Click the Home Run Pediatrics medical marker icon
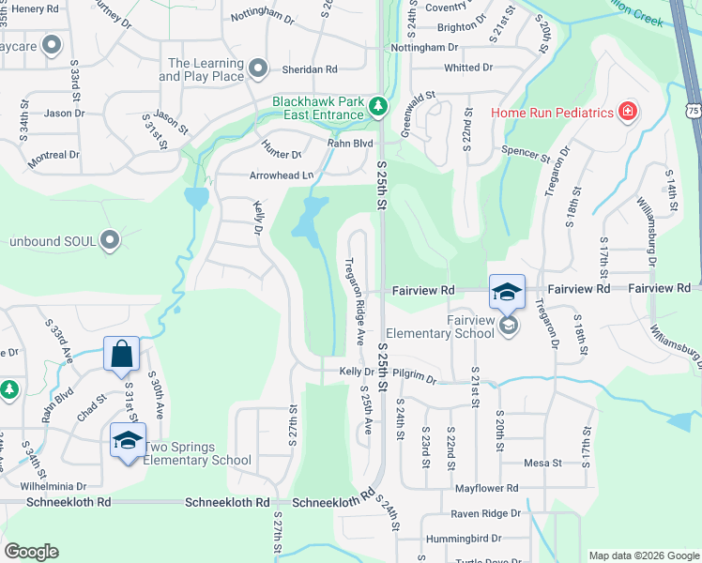627,114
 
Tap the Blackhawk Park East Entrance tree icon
377,106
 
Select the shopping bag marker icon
122,355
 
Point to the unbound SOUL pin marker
111,241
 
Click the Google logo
31,552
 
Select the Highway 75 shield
694,109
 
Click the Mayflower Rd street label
486,489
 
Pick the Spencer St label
526,152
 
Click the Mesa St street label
542,463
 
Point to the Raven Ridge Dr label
485,513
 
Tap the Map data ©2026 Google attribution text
644,555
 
